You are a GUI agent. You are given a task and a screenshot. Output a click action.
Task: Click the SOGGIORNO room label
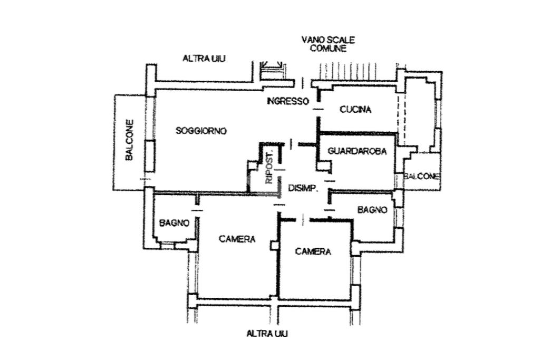click(201, 131)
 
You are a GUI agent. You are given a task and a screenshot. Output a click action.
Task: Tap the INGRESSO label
click(287, 101)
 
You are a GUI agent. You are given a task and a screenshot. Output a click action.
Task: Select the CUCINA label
click(355, 110)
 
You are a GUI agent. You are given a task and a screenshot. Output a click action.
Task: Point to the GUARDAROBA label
click(357, 151)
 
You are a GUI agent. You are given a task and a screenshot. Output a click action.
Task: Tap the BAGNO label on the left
click(173, 223)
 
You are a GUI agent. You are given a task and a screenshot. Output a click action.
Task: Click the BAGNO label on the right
click(372, 210)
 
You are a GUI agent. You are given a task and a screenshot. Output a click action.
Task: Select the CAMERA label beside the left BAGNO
click(237, 239)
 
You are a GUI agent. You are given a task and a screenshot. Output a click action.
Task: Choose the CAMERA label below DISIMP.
click(313, 252)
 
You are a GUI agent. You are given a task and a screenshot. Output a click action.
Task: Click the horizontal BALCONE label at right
click(421, 177)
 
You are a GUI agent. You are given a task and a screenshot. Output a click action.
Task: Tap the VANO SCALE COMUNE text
click(328, 44)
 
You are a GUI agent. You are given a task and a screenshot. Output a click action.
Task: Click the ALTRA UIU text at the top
click(204, 59)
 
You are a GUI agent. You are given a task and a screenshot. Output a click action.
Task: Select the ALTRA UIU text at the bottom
click(267, 333)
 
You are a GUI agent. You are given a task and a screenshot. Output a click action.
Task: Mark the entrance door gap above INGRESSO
click(302, 83)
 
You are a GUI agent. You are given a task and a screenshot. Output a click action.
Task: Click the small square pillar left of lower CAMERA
click(273, 246)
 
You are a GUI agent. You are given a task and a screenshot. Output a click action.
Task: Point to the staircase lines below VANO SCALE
click(353, 71)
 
